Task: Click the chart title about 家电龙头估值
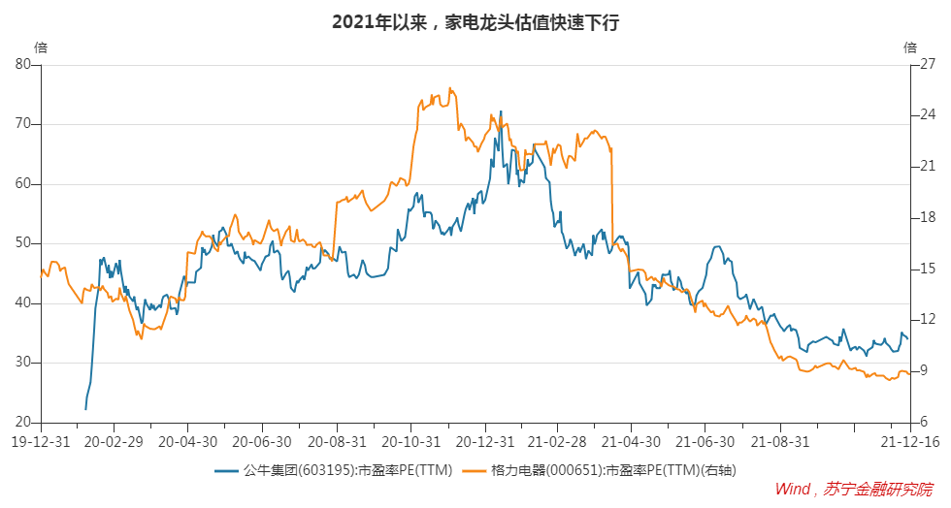coord(475,21)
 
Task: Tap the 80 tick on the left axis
coord(23,65)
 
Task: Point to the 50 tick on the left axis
coord(23,243)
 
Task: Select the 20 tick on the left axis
coord(23,423)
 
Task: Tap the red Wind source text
coord(854,490)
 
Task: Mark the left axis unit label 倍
coord(40,47)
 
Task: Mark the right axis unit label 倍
coord(909,47)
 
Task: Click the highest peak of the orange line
coord(450,88)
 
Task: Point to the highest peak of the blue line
coord(501,111)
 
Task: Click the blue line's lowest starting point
coord(85,409)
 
